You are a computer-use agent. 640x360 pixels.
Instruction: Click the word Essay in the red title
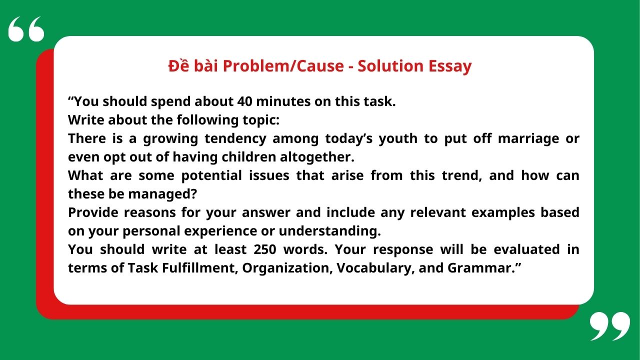coord(449,66)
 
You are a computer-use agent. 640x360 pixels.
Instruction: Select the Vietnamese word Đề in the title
coord(177,66)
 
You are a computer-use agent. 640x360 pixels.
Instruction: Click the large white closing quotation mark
coord(609,326)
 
